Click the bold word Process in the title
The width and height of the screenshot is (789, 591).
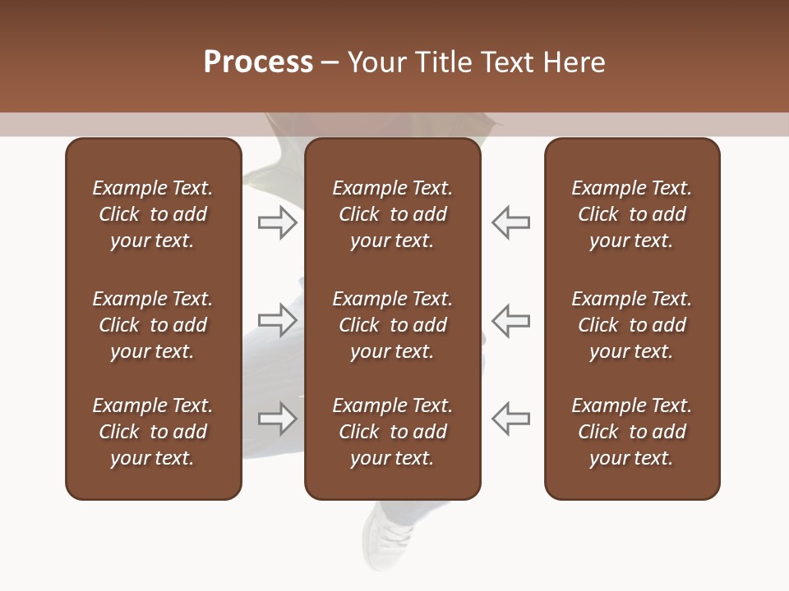pos(258,62)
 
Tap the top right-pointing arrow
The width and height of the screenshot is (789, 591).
pos(278,222)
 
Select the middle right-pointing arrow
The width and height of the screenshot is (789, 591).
pos(278,319)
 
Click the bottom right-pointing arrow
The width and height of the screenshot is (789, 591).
pos(278,418)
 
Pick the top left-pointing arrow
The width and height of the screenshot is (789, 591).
pos(510,222)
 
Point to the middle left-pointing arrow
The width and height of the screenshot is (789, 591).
pos(510,319)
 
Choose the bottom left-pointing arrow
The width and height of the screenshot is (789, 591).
pos(510,418)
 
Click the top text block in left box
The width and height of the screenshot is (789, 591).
pos(153,214)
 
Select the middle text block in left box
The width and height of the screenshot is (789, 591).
pos(153,325)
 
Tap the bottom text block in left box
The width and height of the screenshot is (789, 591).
pos(153,432)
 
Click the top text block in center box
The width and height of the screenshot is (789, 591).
pos(393,214)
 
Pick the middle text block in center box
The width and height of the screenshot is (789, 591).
pos(393,325)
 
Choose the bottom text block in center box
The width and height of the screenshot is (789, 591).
pos(393,432)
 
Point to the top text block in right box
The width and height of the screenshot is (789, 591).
pos(632,214)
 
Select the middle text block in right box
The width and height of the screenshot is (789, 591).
pos(632,325)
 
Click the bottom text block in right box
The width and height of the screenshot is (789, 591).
pos(632,432)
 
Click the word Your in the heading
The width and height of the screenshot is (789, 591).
pos(378,62)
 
